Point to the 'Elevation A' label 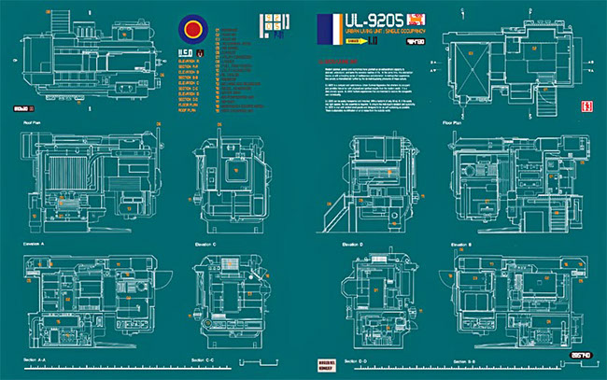(x=35, y=245)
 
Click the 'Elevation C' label (x=205, y=245)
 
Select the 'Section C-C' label (x=203, y=359)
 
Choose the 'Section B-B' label (x=464, y=359)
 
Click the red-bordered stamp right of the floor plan (x=588, y=106)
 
